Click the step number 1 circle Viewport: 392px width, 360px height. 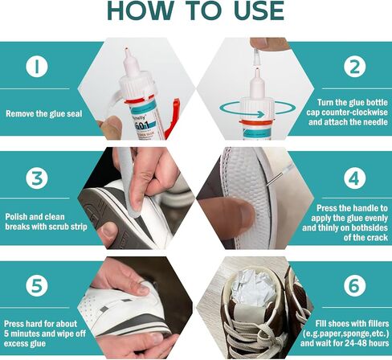tap(37, 67)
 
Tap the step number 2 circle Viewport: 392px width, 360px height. tap(355, 67)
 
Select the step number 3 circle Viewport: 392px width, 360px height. tap(37, 178)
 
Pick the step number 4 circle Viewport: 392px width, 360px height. tap(355, 178)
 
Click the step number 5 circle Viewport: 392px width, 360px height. tap(37, 285)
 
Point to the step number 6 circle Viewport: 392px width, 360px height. tap(355, 285)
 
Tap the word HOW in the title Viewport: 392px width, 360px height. tap(141, 11)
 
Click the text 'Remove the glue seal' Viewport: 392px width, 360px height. tap(44, 114)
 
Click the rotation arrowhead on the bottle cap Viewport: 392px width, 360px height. tap(260, 114)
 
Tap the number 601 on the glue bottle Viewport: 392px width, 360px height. tap(141, 125)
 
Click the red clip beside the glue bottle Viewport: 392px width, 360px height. tap(171, 118)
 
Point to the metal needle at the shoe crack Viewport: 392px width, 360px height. tap(275, 179)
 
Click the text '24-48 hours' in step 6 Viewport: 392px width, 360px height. tap(366, 343)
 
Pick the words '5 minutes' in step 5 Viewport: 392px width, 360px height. tap(21, 333)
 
